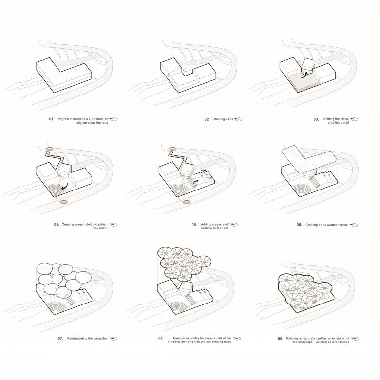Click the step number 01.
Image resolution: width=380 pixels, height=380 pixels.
click(x=52, y=119)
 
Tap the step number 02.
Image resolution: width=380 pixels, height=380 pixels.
click(x=207, y=119)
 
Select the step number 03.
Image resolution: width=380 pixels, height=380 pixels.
click(x=316, y=119)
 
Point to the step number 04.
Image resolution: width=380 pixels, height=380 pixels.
click(x=57, y=225)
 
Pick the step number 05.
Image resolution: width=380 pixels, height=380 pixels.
click(x=194, y=225)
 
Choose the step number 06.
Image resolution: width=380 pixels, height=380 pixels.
click(x=299, y=225)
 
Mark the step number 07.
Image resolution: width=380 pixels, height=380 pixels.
click(x=60, y=338)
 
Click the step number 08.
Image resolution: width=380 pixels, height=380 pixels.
click(x=161, y=339)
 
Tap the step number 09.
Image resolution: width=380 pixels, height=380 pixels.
click(x=281, y=339)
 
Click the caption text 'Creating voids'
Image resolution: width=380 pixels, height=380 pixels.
click(x=223, y=119)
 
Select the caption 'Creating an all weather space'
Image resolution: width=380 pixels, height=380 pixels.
click(x=326, y=225)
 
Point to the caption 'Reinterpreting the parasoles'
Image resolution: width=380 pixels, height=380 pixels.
click(x=87, y=338)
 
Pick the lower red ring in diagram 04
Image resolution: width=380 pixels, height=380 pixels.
click(x=64, y=202)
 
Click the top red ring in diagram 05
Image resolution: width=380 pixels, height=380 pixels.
click(x=172, y=149)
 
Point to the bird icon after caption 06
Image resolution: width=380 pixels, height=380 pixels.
click(x=354, y=225)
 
